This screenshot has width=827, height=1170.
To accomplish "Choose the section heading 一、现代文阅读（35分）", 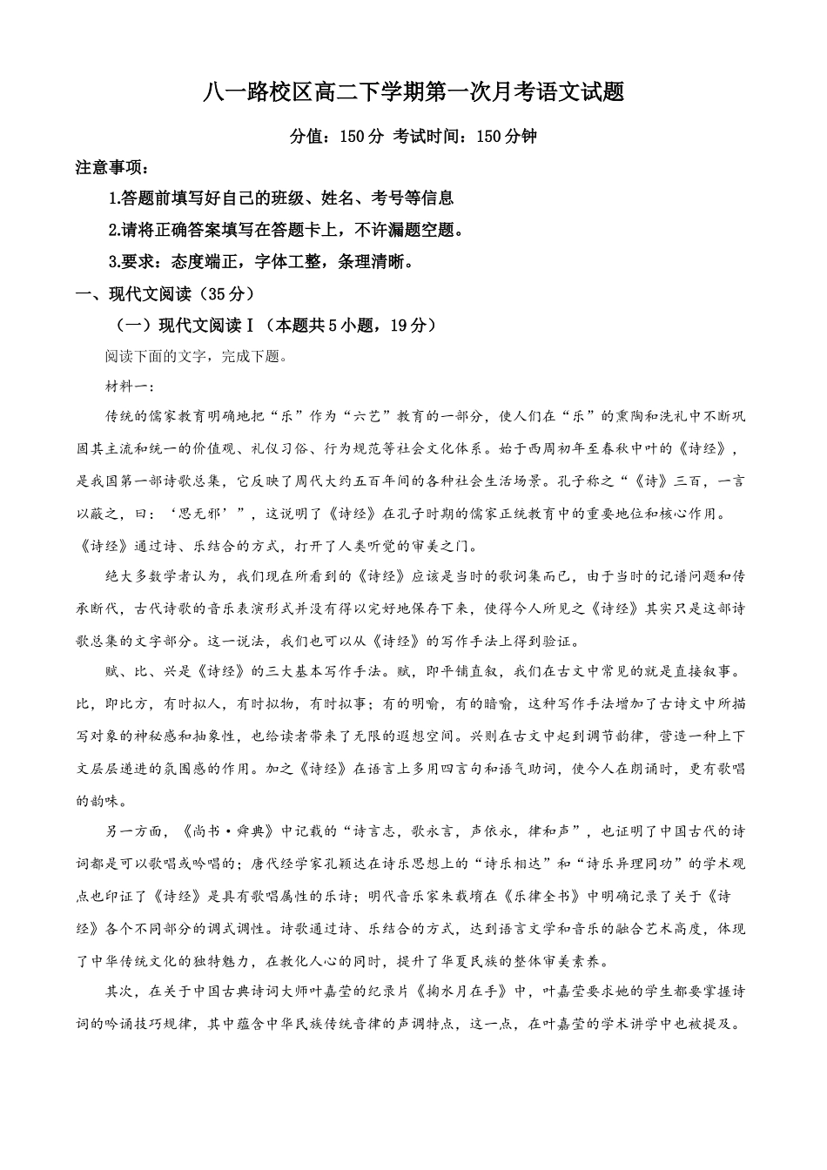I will click(165, 293).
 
